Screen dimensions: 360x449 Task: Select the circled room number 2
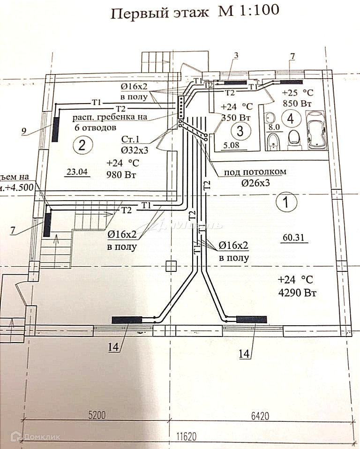[x=82, y=145]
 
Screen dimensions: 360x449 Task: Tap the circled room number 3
[x=240, y=129]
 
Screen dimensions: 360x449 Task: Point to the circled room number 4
[x=291, y=119]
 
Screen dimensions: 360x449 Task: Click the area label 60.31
[x=294, y=238]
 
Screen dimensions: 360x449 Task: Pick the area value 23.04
[x=77, y=172]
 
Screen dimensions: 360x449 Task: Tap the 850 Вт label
[x=297, y=102]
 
